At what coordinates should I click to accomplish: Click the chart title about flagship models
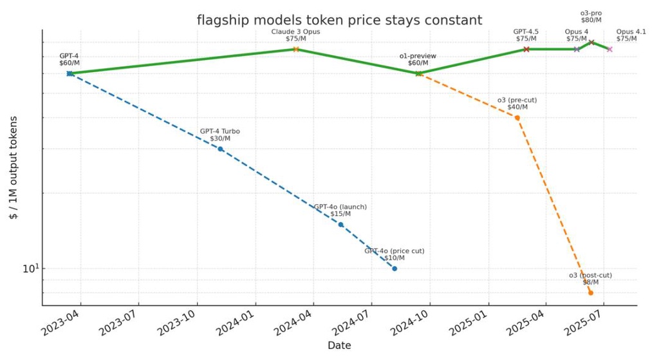[339, 20]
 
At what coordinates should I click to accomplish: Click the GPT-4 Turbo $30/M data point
[220, 149]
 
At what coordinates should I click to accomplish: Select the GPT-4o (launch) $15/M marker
[340, 225]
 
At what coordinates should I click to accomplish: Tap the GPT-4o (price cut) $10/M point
[394, 269]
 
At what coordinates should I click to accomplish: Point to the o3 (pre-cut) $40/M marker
[517, 118]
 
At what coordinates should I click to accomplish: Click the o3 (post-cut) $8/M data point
[590, 293]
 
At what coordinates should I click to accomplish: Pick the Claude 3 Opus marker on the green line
[296, 49]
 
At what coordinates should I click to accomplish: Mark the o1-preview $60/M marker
[418, 73]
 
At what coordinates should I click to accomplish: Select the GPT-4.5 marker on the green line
[526, 49]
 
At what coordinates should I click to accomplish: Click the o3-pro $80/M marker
[591, 43]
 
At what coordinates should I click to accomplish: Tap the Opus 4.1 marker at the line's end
[609, 49]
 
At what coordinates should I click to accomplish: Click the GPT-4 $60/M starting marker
[70, 73]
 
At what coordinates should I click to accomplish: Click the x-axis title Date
[339, 346]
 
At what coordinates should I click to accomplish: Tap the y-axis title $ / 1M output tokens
[14, 167]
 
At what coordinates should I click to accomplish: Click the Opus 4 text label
[577, 32]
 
